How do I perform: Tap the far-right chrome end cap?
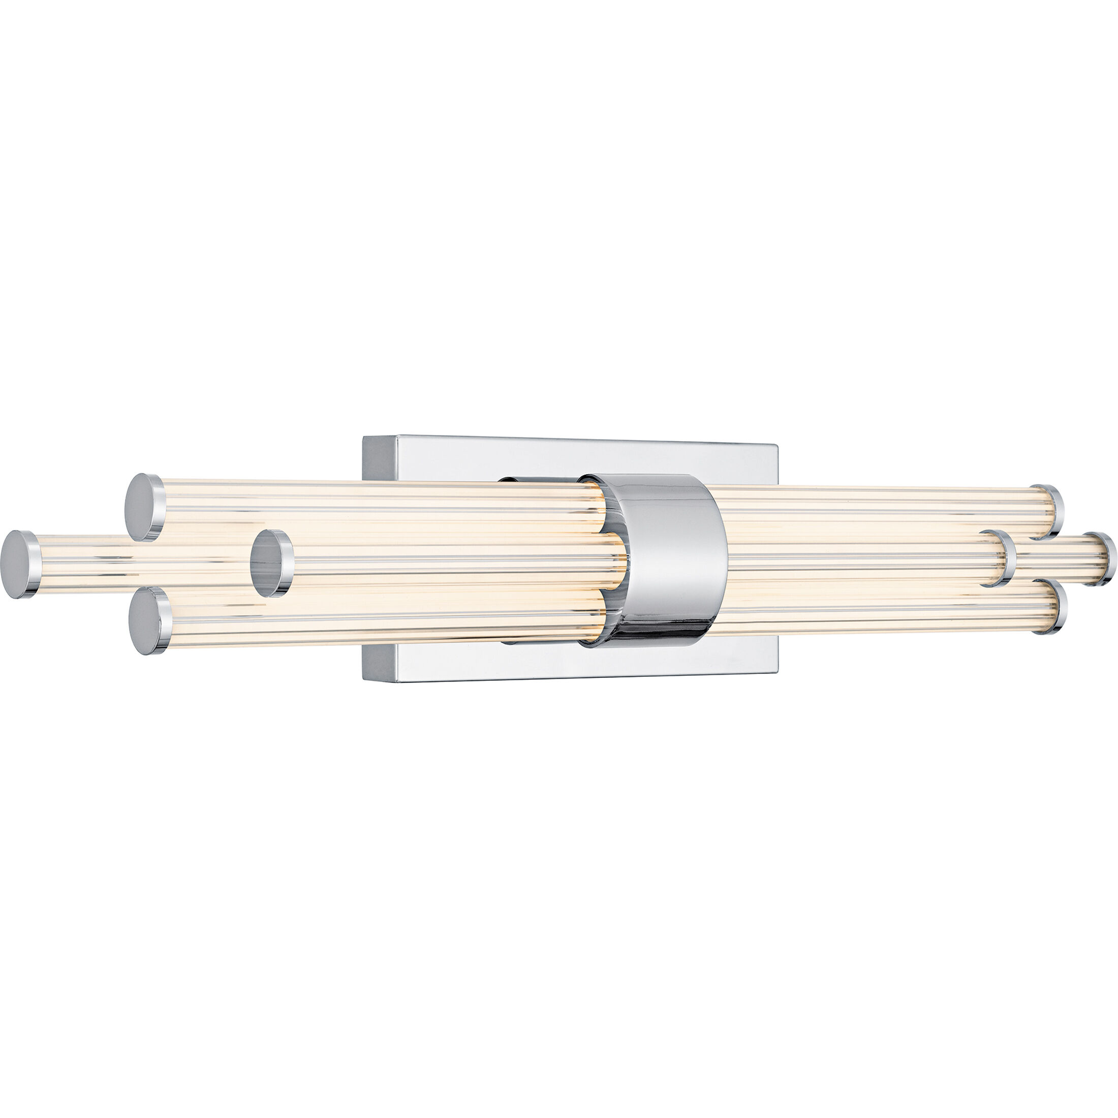pos(1101,559)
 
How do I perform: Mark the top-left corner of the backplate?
pos(364,438)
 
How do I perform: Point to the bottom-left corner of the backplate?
pos(364,680)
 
